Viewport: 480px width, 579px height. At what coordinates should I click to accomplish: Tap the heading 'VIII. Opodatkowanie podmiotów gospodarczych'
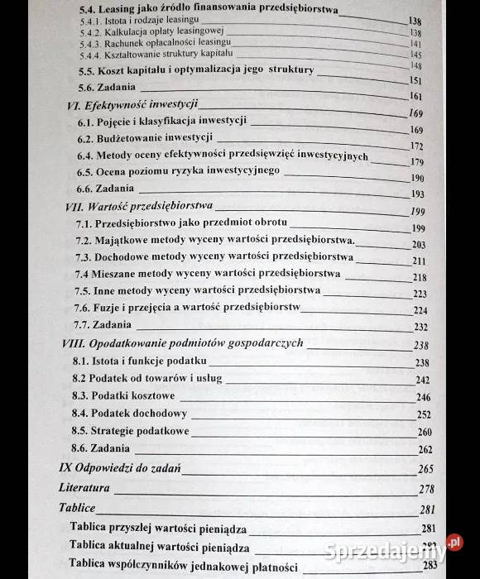click(x=183, y=343)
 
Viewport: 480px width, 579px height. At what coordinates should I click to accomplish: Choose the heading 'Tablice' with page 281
click(x=77, y=507)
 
